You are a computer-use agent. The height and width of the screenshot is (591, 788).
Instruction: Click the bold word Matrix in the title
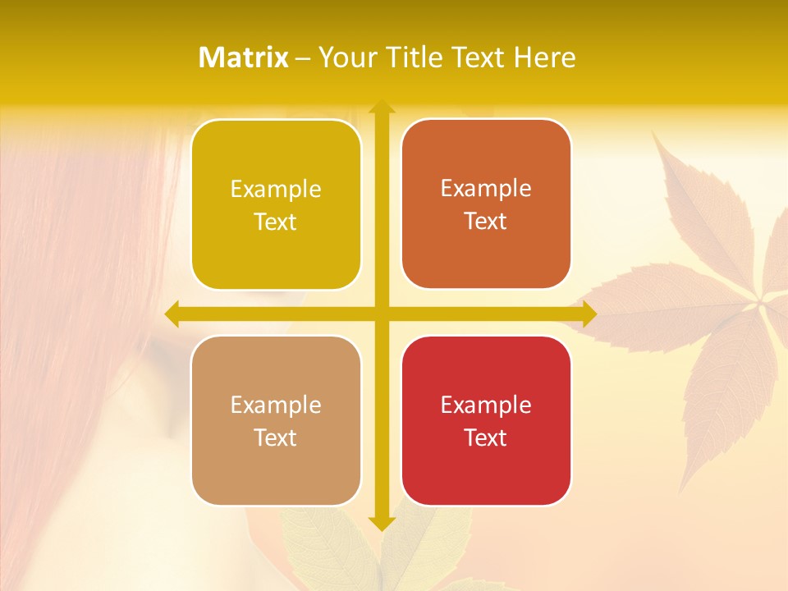[x=243, y=57]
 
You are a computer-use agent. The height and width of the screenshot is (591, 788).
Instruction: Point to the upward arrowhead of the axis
[x=381, y=107]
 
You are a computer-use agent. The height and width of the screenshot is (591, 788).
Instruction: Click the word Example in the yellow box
[x=276, y=190]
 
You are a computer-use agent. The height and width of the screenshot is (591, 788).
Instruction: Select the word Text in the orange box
[x=486, y=222]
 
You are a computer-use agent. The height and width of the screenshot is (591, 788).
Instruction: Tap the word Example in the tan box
[x=276, y=405]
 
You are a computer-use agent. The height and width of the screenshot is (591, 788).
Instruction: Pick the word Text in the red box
[x=486, y=438]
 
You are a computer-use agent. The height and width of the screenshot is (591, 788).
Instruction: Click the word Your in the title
[x=343, y=57]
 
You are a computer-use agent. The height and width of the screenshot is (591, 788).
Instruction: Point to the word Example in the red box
[x=486, y=405]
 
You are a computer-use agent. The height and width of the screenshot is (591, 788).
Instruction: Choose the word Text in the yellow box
[x=276, y=222]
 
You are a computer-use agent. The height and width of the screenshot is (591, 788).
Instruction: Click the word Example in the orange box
[x=486, y=189]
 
